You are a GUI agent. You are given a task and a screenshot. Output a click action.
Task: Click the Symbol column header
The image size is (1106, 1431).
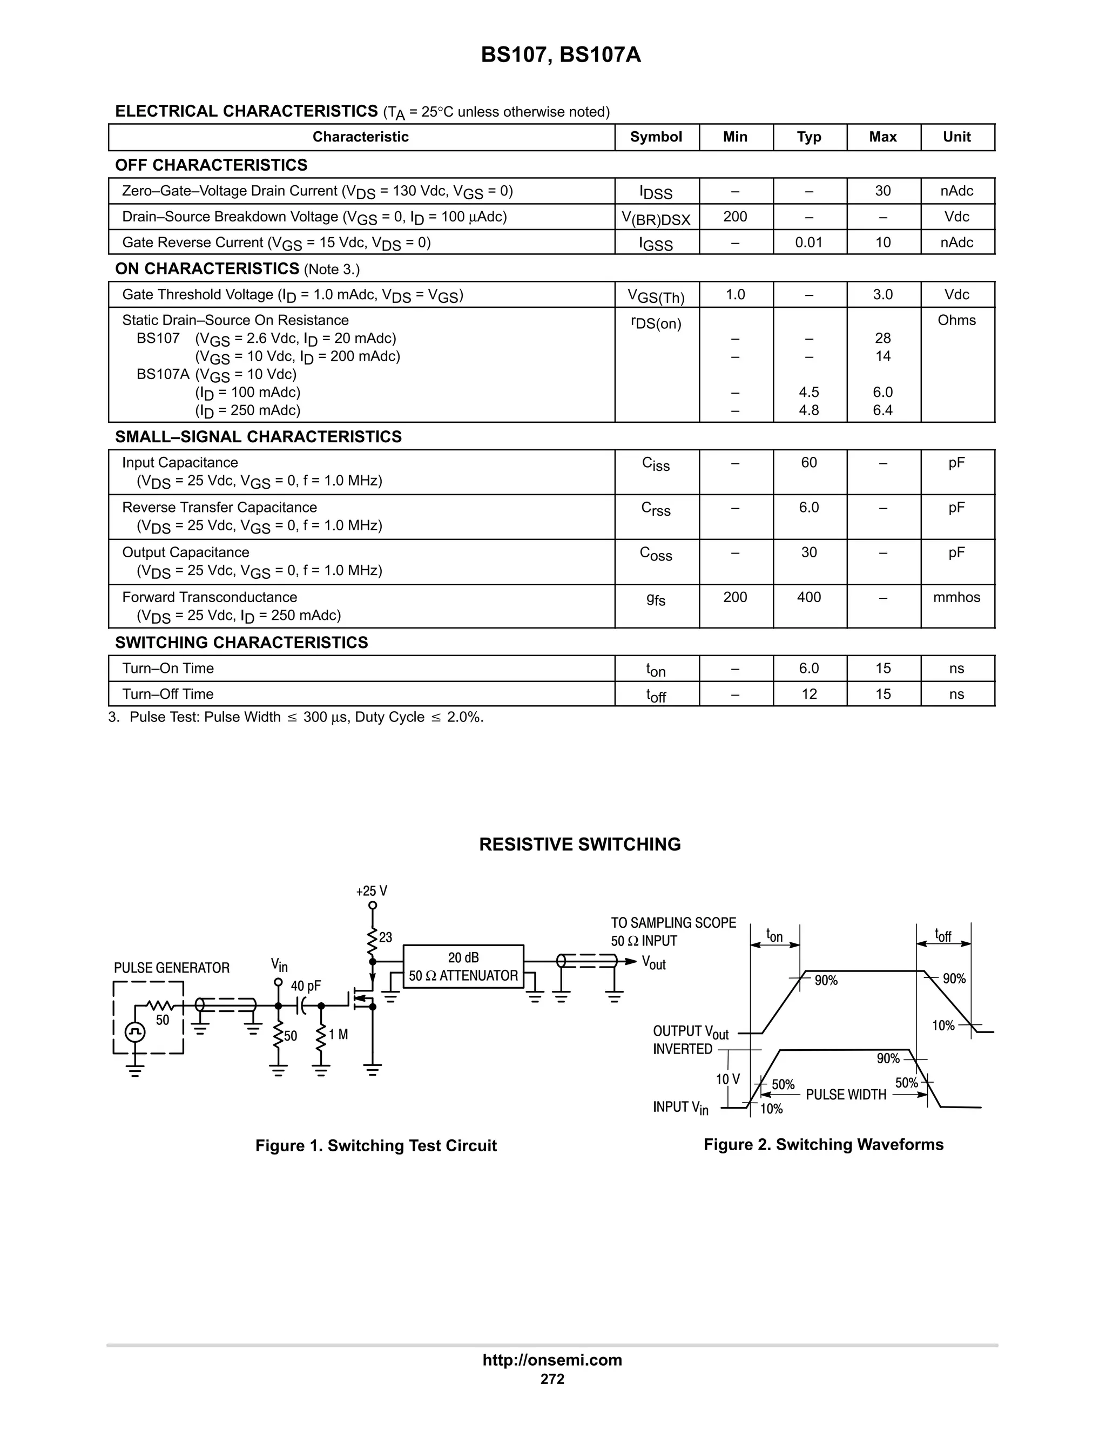click(656, 137)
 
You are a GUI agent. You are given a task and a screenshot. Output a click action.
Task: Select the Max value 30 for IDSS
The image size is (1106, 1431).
click(882, 191)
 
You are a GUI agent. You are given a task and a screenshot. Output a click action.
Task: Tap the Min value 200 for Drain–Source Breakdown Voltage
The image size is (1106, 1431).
click(735, 217)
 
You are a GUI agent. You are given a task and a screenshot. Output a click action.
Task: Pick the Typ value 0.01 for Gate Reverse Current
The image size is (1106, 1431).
click(808, 242)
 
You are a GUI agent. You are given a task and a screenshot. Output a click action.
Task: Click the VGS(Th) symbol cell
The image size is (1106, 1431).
click(656, 296)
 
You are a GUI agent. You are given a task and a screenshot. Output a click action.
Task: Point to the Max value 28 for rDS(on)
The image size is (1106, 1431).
click(882, 338)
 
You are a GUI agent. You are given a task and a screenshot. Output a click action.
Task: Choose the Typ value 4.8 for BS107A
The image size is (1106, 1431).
click(808, 410)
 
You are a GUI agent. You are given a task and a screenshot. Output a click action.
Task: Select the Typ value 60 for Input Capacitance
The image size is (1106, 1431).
click(808, 463)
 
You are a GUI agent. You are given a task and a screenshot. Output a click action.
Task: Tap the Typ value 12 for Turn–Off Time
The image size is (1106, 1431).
click(808, 694)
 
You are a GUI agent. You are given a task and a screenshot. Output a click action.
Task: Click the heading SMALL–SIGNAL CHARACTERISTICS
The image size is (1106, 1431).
click(258, 436)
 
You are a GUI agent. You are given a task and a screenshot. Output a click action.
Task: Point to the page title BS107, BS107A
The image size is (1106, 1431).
click(561, 55)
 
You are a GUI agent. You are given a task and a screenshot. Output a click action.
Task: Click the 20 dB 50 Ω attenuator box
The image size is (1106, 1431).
click(463, 966)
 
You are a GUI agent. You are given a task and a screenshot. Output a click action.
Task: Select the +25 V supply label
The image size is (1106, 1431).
click(372, 891)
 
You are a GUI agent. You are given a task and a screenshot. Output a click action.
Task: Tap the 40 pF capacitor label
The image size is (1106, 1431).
click(306, 986)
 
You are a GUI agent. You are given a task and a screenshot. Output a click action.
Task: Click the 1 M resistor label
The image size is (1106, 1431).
click(338, 1035)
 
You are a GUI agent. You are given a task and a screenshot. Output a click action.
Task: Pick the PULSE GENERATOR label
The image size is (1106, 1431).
click(172, 968)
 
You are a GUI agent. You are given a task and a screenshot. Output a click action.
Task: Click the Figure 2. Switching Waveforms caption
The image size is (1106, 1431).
click(824, 1144)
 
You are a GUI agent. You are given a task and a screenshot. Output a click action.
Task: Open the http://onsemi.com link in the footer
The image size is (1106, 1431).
click(552, 1360)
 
